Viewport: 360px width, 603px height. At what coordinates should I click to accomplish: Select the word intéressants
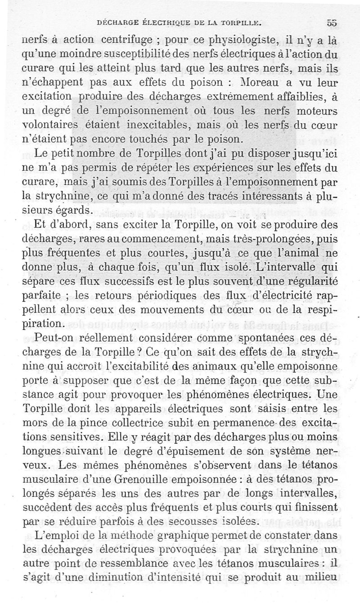(248, 196)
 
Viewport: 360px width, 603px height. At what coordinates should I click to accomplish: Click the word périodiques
(169, 296)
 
